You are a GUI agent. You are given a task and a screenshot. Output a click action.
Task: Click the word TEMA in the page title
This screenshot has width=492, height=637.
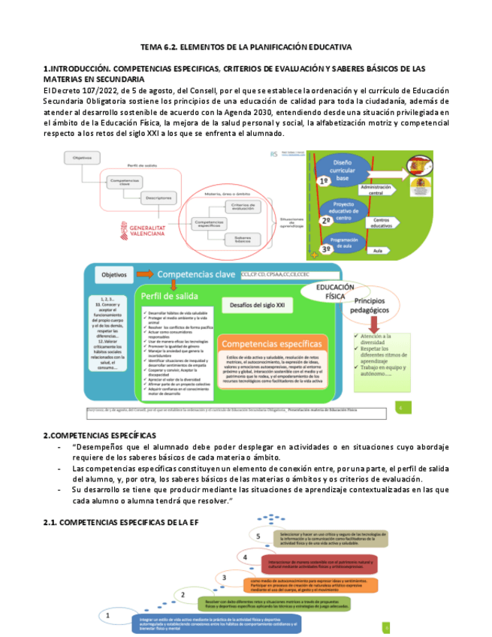(152, 47)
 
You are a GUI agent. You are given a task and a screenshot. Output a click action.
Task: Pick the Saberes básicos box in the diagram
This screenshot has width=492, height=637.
(237, 238)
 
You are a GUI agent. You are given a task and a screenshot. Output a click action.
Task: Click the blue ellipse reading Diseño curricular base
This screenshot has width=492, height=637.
(342, 171)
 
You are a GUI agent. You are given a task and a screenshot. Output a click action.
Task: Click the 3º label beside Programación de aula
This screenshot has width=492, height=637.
(326, 248)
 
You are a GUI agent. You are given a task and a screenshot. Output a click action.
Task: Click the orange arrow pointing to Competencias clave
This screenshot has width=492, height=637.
(145, 273)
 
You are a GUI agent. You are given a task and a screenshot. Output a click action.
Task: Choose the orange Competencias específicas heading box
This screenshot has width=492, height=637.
(273, 343)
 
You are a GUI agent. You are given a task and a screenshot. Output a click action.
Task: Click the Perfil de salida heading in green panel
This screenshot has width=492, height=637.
(174, 297)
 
